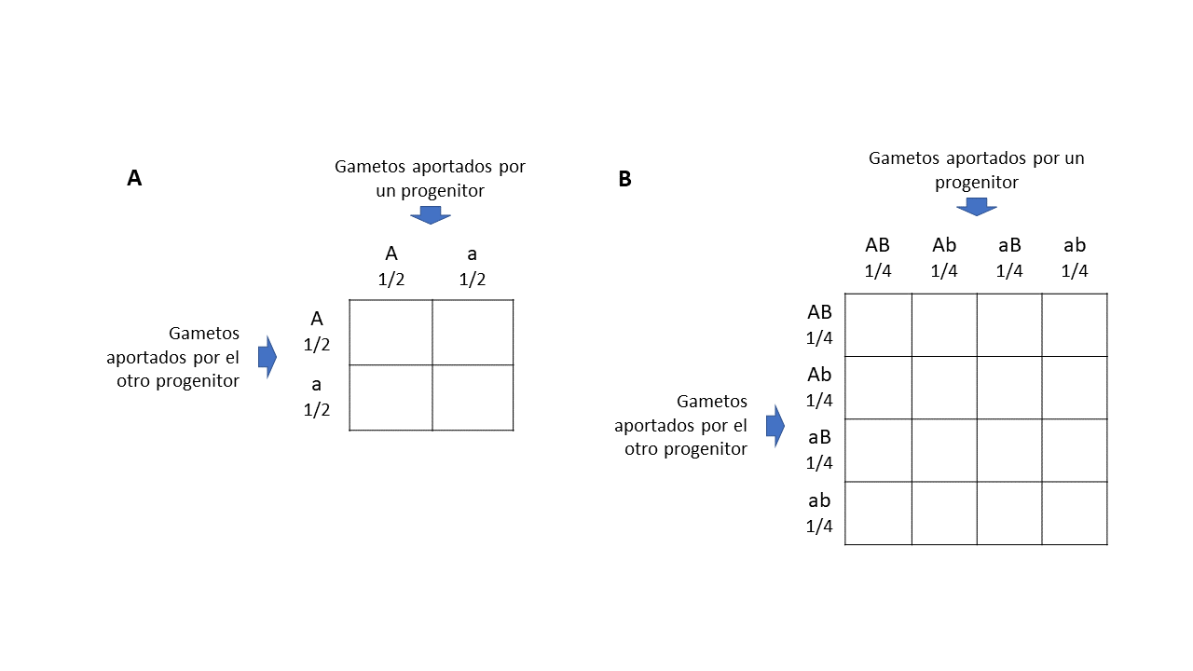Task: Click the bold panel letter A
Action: (x=134, y=179)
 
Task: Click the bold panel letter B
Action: (x=624, y=179)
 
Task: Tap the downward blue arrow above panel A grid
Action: (x=430, y=214)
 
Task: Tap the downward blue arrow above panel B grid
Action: (x=977, y=206)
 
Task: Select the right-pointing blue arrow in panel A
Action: (x=267, y=356)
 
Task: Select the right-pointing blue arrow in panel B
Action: (x=775, y=426)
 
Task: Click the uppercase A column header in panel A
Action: (x=391, y=253)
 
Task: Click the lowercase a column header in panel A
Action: (x=473, y=253)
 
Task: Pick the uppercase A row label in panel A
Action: (x=317, y=320)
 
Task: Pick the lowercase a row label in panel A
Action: (x=317, y=384)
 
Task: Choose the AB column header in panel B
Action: (x=878, y=245)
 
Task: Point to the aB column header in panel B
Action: (x=1009, y=245)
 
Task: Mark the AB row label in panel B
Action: (x=819, y=312)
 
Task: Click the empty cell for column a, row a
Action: (x=473, y=397)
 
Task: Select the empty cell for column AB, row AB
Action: (x=878, y=324)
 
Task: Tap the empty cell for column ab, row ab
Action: (x=1075, y=513)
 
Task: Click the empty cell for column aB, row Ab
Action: (x=1009, y=388)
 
